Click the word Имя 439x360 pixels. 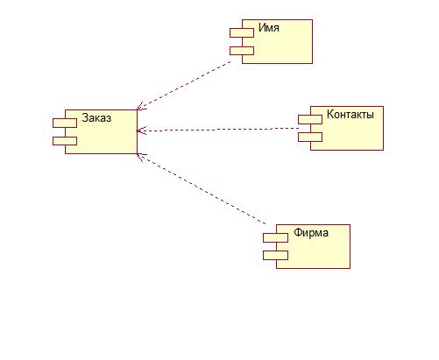point(269,28)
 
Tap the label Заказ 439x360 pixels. point(96,117)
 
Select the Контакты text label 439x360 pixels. point(350,114)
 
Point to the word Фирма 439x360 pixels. point(311,233)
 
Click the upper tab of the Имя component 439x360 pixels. point(242,33)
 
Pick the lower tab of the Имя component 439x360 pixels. point(242,51)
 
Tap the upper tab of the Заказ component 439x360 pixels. point(65,124)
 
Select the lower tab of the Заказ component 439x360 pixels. point(65,141)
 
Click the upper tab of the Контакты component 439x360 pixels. point(310,119)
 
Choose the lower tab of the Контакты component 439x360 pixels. point(310,138)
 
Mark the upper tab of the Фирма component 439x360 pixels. point(275,238)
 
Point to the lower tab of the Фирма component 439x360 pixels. point(275,256)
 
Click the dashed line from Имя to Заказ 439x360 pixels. point(184,86)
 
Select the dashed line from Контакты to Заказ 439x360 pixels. point(217,130)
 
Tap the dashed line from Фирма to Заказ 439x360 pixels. point(202,189)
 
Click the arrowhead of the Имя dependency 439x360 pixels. point(141,107)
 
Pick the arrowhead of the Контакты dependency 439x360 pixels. point(141,131)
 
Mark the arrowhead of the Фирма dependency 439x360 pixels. point(141,157)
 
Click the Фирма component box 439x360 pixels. point(313,247)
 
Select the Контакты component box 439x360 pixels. point(347,128)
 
